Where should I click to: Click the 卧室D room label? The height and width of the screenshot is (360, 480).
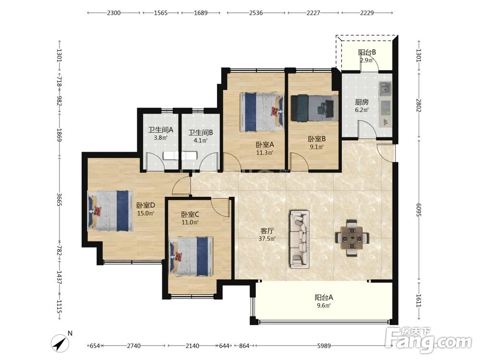[x=146, y=205]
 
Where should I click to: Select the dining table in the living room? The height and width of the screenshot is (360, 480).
[x=352, y=238]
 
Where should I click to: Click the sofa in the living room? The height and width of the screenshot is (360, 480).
[x=300, y=239]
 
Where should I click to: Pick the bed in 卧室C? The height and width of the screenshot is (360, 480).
[x=192, y=256]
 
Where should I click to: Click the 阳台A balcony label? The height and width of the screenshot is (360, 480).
[x=324, y=297]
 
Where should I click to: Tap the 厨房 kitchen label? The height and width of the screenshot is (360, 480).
[x=361, y=102]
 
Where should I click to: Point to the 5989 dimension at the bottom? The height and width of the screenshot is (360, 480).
[x=324, y=346]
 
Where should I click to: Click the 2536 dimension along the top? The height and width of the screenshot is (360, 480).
[x=256, y=12]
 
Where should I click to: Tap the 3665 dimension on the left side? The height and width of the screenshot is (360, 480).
[x=60, y=199]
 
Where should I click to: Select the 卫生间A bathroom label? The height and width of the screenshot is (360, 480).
[x=161, y=130]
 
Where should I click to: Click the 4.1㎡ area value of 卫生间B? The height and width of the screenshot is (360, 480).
[x=201, y=141]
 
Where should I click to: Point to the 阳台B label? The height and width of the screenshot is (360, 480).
[x=367, y=52]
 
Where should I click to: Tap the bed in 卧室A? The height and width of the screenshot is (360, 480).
[x=262, y=112]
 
